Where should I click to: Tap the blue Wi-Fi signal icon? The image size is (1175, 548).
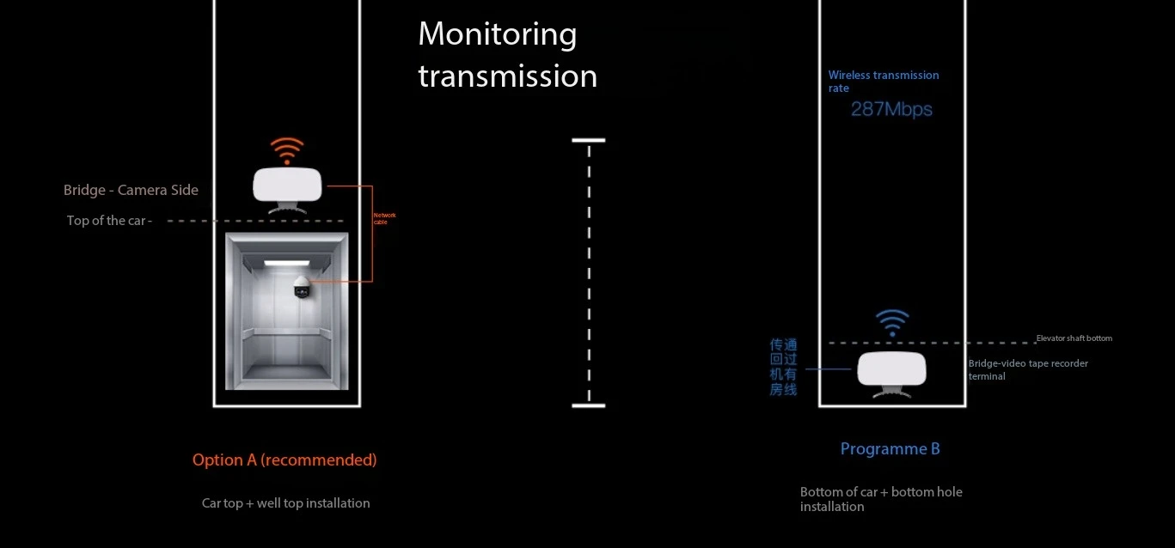[891, 322]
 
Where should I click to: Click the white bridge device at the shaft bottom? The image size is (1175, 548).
[891, 369]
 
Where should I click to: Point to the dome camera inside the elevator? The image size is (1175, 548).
[301, 287]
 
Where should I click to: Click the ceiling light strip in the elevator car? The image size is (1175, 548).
[286, 263]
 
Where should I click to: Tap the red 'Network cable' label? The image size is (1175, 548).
[384, 218]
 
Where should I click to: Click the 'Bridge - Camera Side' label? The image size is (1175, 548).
[131, 190]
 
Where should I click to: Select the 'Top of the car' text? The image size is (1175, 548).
[109, 221]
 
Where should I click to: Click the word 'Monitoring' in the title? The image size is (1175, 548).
[497, 34]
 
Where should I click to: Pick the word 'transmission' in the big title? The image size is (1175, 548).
[507, 76]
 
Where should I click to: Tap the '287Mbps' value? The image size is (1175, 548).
[891, 109]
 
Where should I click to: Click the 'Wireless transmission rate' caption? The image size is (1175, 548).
[883, 81]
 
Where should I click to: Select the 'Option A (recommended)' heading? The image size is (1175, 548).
[285, 460]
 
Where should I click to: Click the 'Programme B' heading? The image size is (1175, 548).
[890, 448]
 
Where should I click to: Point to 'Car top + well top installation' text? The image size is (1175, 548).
[285, 502]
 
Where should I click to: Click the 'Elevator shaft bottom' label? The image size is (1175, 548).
[1074, 338]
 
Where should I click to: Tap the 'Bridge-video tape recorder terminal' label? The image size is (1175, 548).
[1027, 369]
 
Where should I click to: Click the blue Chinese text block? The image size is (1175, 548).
[783, 367]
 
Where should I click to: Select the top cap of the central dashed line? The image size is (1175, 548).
[588, 140]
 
